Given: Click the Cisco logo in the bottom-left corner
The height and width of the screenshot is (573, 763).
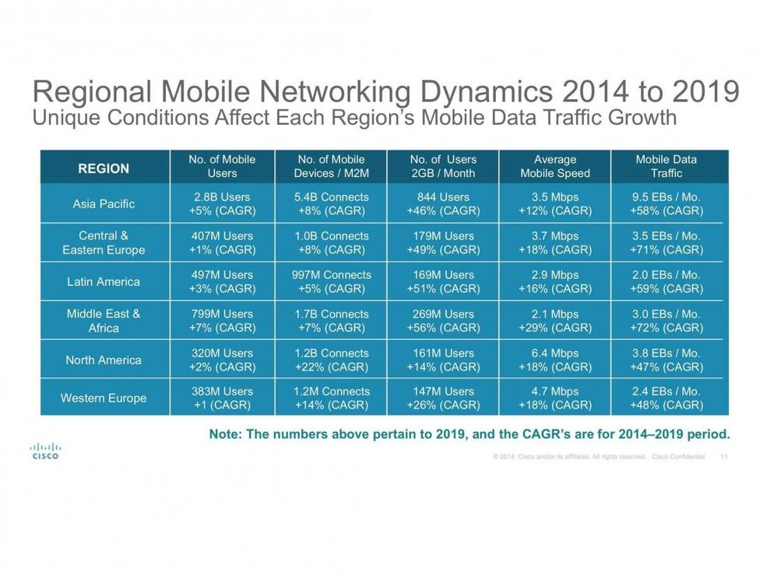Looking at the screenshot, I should click(x=45, y=451).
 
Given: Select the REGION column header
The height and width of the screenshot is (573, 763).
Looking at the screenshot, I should click(x=104, y=168).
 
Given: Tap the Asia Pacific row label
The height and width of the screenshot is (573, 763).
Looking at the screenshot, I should click(x=104, y=204).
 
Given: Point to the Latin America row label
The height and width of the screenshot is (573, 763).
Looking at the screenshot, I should click(x=104, y=282).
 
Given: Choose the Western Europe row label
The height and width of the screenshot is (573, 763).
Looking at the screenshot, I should click(x=104, y=398).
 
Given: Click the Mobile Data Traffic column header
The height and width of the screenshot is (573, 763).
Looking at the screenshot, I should click(x=666, y=167).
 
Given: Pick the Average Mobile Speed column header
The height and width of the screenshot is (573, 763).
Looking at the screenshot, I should click(x=555, y=167).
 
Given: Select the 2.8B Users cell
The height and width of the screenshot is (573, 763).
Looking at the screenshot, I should click(x=223, y=204).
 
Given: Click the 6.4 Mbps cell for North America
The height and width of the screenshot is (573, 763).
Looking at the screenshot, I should click(x=555, y=359).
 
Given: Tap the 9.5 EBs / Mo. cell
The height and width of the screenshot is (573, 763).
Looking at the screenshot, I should click(x=666, y=204).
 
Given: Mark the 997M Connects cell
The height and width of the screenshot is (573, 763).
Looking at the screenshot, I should click(x=332, y=281).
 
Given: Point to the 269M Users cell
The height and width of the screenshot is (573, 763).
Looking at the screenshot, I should click(x=443, y=320).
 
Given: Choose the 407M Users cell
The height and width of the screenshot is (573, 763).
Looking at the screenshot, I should click(x=223, y=242).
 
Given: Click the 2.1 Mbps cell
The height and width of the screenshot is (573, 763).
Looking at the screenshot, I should click(x=555, y=320).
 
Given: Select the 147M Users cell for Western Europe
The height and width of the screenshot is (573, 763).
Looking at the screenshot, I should click(x=443, y=398).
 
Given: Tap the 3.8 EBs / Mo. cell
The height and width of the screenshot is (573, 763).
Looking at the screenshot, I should click(x=666, y=359).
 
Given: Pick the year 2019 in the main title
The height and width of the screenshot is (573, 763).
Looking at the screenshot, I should click(x=701, y=91).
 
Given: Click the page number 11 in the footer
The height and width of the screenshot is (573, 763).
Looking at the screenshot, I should click(x=725, y=457).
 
